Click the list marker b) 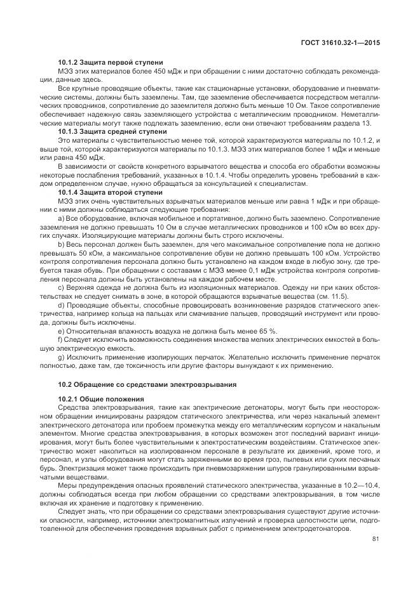pyautogui.click(x=61, y=243)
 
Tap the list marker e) pyautogui.click(x=61, y=330)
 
